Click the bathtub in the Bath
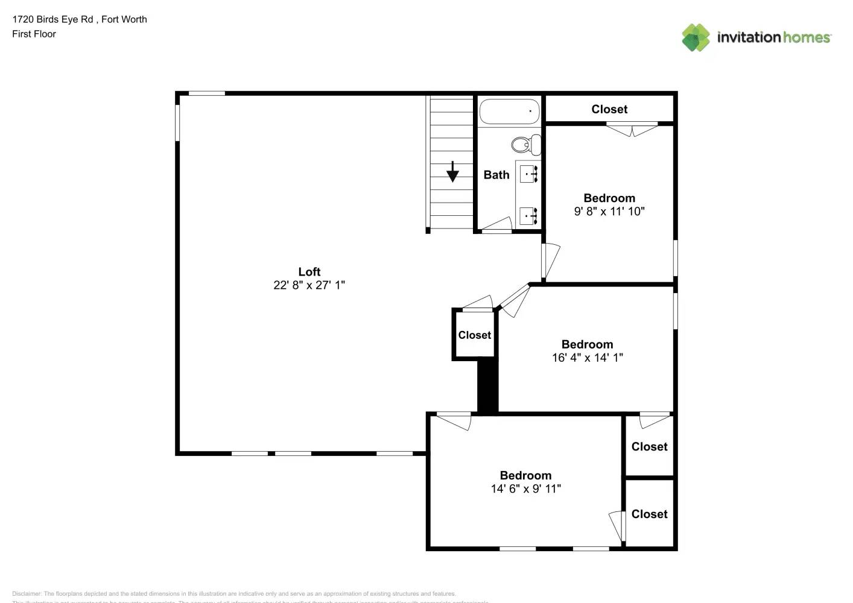coord(509,112)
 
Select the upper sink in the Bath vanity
coord(528,174)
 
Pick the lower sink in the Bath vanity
coord(528,215)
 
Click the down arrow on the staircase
coord(452,172)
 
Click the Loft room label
coord(309,272)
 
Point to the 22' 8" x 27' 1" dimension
coord(309,285)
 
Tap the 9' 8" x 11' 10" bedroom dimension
coord(609,212)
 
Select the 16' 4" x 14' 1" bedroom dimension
coord(587,358)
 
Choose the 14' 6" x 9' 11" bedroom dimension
coord(525,489)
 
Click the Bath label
coord(496,175)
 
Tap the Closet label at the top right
coord(609,109)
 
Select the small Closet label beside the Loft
coord(474,335)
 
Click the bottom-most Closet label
coord(649,514)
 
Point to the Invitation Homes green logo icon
coord(696,37)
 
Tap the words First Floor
coord(34,34)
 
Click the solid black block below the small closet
coord(487,386)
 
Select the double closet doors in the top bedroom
coord(632,128)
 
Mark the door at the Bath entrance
coord(497,225)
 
